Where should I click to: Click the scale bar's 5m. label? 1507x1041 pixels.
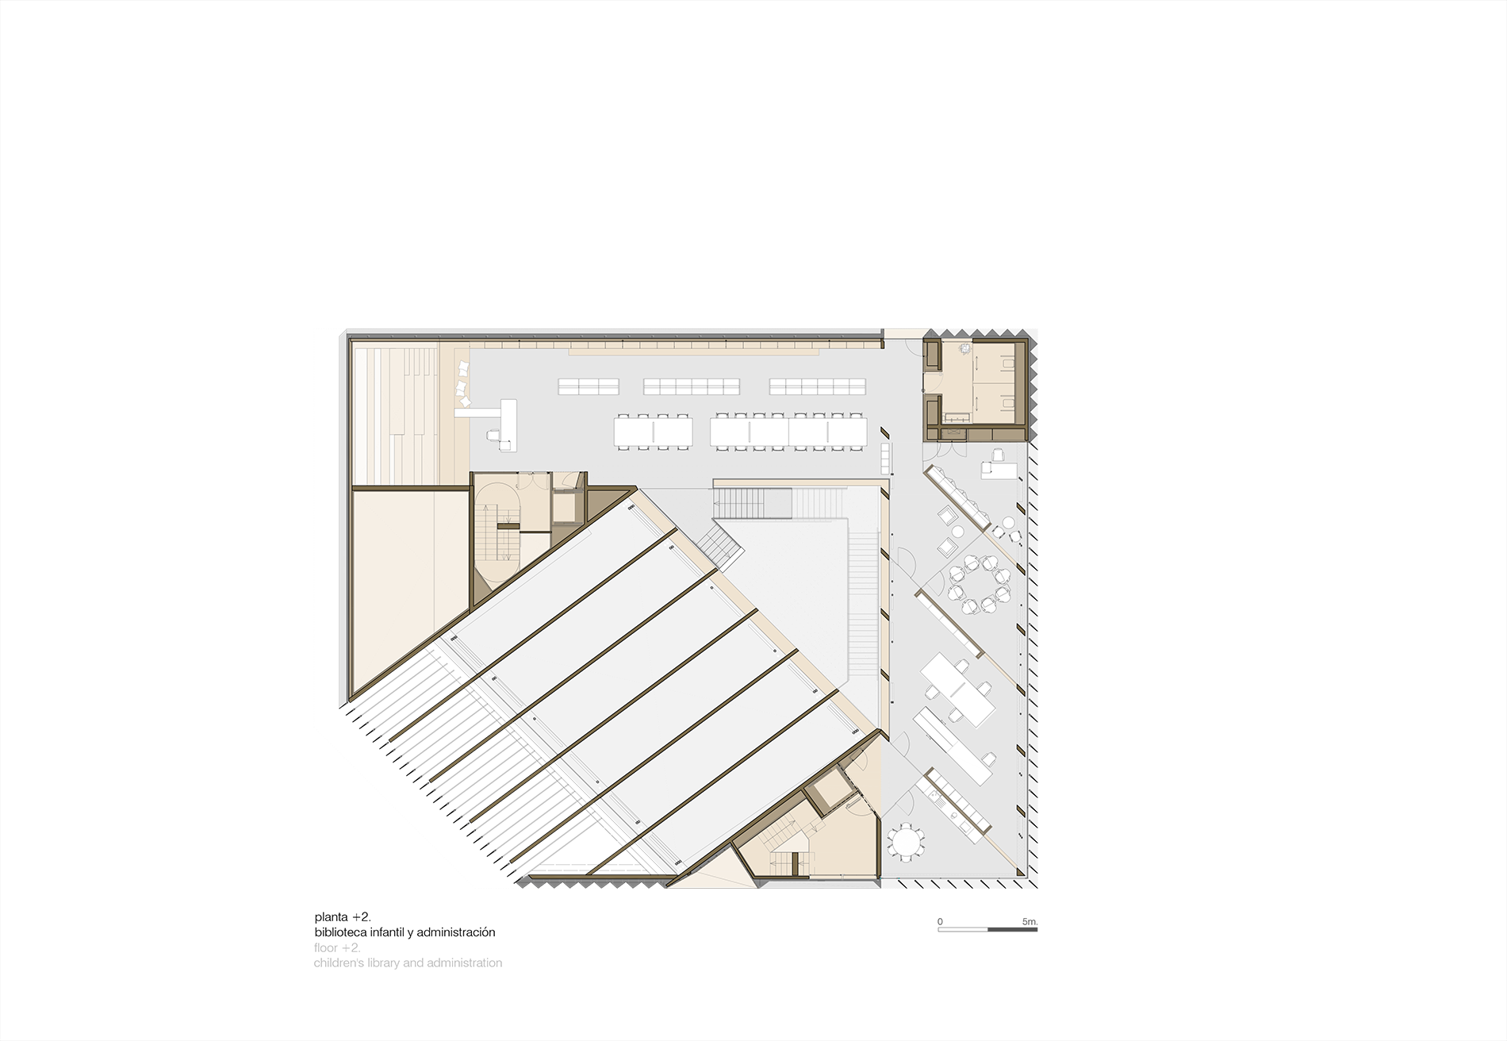point(1030,922)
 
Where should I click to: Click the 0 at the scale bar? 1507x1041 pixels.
point(941,922)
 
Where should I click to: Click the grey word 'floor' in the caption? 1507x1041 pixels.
point(325,947)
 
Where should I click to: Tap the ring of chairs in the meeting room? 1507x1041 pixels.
point(981,584)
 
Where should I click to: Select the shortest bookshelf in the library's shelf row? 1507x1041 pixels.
point(588,386)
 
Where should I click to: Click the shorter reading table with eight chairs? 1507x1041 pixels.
point(654,432)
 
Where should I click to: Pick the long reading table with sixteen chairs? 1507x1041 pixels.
point(789,432)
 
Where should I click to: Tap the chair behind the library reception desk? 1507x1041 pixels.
point(494,435)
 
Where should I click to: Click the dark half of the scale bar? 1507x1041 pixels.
point(1012,929)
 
